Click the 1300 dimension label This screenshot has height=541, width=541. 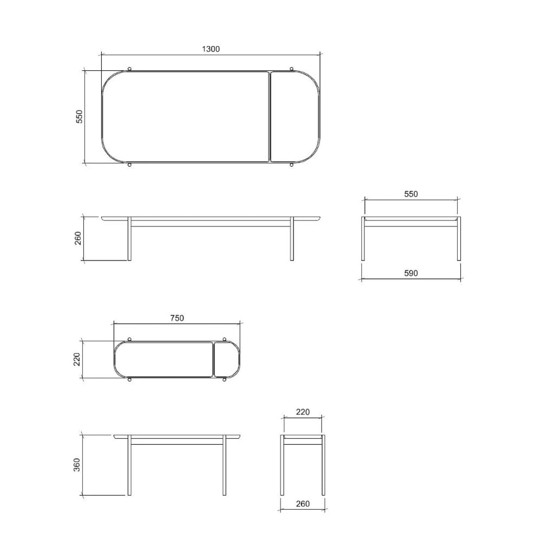pyautogui.click(x=211, y=49)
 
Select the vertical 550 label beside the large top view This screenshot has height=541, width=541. pyautogui.click(x=79, y=117)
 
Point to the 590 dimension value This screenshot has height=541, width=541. pyautogui.click(x=410, y=273)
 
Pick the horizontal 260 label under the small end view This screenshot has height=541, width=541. pyautogui.click(x=303, y=504)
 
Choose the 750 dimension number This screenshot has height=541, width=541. pyautogui.click(x=177, y=318)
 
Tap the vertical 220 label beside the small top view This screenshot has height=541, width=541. pyautogui.click(x=77, y=359)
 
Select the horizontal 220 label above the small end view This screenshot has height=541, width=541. pyautogui.click(x=303, y=412)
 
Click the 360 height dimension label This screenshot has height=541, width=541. pyautogui.click(x=77, y=465)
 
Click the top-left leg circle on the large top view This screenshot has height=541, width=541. pyautogui.click(x=129, y=68)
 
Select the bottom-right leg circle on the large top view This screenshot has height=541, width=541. pyautogui.click(x=292, y=165)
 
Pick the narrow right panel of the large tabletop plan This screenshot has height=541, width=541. pyautogui.click(x=294, y=116)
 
